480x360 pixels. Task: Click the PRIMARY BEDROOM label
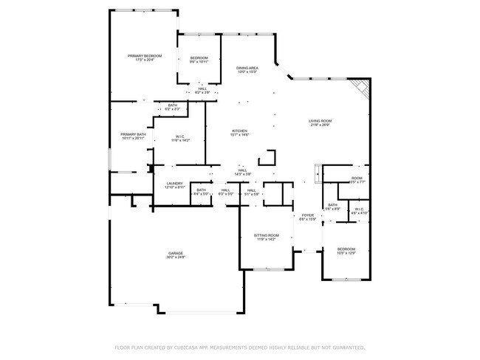144,56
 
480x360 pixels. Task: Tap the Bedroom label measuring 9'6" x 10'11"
199,59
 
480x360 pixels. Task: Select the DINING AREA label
247,67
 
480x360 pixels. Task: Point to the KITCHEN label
240,131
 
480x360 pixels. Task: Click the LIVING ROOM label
320,121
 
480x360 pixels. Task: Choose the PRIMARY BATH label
133,134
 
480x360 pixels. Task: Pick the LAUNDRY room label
174,184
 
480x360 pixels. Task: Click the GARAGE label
175,253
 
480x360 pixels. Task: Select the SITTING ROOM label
267,235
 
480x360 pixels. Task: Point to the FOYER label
307,215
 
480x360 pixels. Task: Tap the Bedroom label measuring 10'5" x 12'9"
346,249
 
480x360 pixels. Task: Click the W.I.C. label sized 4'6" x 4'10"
359,209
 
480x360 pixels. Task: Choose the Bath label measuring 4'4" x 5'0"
201,190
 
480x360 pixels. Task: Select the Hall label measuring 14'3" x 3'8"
242,170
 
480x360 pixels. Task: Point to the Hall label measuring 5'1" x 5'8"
251,190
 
